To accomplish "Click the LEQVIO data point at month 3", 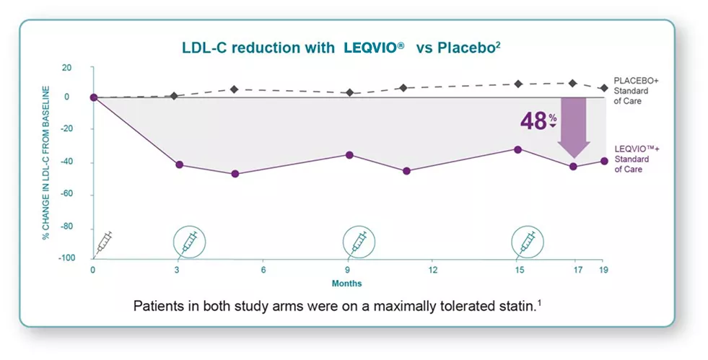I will click(x=179, y=164).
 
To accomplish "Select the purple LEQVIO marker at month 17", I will click(x=574, y=167).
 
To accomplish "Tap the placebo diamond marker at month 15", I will click(x=518, y=84).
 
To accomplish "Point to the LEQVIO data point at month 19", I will click(x=604, y=161).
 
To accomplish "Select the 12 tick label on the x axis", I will click(x=433, y=270).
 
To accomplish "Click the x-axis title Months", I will click(x=346, y=283).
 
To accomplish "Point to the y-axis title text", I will click(x=46, y=162).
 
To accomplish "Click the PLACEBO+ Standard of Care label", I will click(x=631, y=90).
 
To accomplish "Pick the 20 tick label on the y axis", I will click(x=67, y=67).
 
